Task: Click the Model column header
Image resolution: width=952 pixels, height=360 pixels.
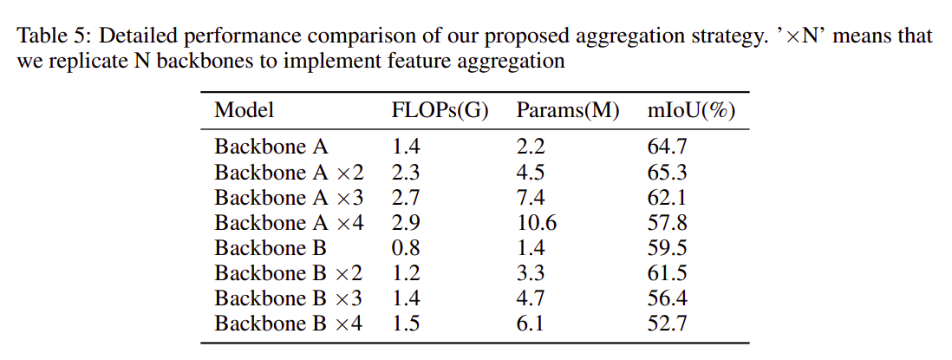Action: pyautogui.click(x=244, y=110)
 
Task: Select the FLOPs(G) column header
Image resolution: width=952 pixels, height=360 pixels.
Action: pyautogui.click(x=440, y=110)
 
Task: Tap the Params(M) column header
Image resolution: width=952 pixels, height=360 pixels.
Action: pyautogui.click(x=568, y=110)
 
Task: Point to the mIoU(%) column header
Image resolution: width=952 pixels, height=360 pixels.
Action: pyautogui.click(x=692, y=110)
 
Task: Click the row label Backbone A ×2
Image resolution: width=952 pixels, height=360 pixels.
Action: pyautogui.click(x=289, y=173)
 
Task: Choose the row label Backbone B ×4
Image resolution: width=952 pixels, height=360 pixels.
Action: pyautogui.click(x=289, y=324)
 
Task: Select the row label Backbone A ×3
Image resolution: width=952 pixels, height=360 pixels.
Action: pyautogui.click(x=289, y=198)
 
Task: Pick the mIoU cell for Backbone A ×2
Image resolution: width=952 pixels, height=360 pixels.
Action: pyautogui.click(x=668, y=173)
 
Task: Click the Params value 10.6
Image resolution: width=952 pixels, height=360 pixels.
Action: pyautogui.click(x=537, y=223)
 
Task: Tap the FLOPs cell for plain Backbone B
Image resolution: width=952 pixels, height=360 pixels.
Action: pyautogui.click(x=406, y=248)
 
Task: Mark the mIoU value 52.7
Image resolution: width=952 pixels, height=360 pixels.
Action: pyautogui.click(x=668, y=324)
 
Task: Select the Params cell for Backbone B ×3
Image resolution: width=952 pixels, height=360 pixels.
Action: pyautogui.click(x=531, y=298)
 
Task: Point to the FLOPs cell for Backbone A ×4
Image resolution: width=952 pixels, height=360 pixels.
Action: pyautogui.click(x=406, y=223)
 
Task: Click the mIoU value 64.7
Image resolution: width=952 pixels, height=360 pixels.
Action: pyautogui.click(x=668, y=147)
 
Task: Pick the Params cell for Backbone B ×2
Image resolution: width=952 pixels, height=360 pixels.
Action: pyautogui.click(x=531, y=273)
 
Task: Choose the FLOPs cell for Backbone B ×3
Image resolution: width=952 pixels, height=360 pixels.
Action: pyautogui.click(x=406, y=298)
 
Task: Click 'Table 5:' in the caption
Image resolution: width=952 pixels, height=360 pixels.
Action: pyautogui.click(x=54, y=36)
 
